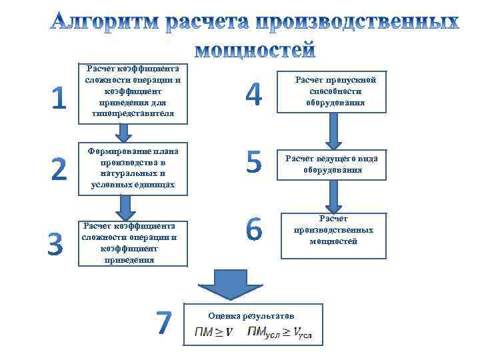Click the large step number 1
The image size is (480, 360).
click(x=59, y=98)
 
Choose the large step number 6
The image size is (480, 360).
click(x=254, y=230)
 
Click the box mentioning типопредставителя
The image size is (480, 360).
click(x=133, y=93)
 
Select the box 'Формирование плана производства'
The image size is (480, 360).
click(x=133, y=168)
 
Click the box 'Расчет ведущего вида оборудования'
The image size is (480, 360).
click(x=331, y=165)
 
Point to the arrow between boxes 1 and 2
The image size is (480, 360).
click(x=123, y=133)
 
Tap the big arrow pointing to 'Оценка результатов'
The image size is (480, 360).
click(x=229, y=283)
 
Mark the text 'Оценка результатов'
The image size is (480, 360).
click(x=251, y=315)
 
